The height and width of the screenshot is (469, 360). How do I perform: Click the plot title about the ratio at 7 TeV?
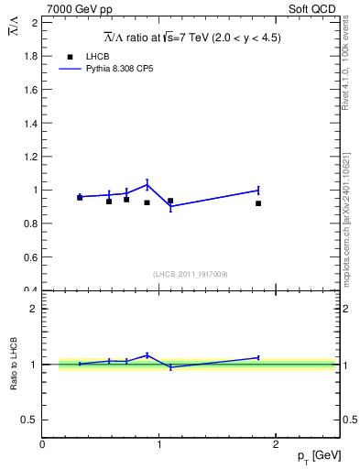(x=191, y=38)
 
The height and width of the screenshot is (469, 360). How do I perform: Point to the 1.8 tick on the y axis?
(x=33, y=56)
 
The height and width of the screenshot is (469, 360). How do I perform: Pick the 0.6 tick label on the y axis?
(x=33, y=257)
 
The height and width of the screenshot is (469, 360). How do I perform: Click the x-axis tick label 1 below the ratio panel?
(x=160, y=444)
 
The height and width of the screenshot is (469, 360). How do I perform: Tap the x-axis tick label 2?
(x=278, y=444)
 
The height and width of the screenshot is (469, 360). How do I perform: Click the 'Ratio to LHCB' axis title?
(x=14, y=365)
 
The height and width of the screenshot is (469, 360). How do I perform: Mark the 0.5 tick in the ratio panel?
(x=31, y=420)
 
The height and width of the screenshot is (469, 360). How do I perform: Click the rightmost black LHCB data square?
(x=258, y=203)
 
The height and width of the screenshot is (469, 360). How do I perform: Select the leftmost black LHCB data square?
(x=80, y=197)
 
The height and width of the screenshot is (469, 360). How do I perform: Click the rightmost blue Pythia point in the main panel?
(x=258, y=191)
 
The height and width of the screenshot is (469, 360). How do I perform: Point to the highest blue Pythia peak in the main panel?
(x=147, y=185)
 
